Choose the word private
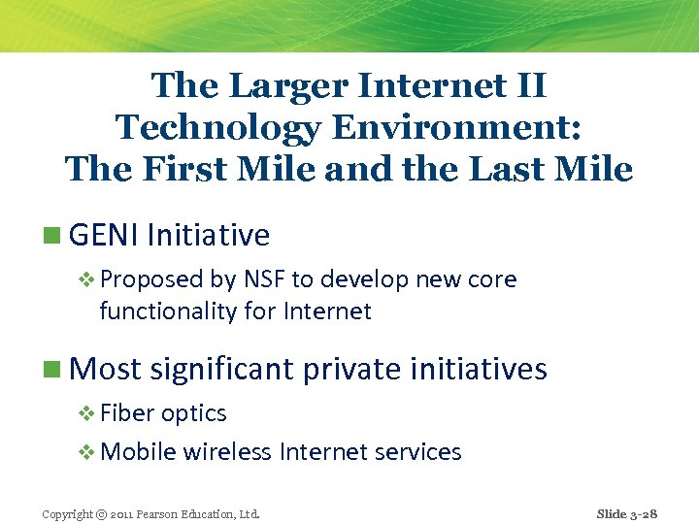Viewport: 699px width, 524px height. tap(353, 369)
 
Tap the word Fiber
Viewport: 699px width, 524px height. tap(127, 413)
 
